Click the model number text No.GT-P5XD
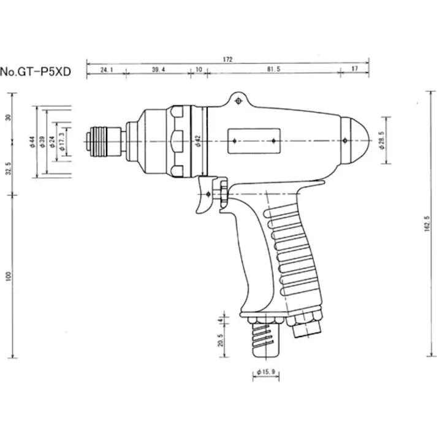(x=36, y=71)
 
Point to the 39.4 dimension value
(x=159, y=70)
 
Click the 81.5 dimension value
(x=273, y=70)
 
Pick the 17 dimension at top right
(x=355, y=70)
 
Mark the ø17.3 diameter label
(x=62, y=141)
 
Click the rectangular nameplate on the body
(x=253, y=141)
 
